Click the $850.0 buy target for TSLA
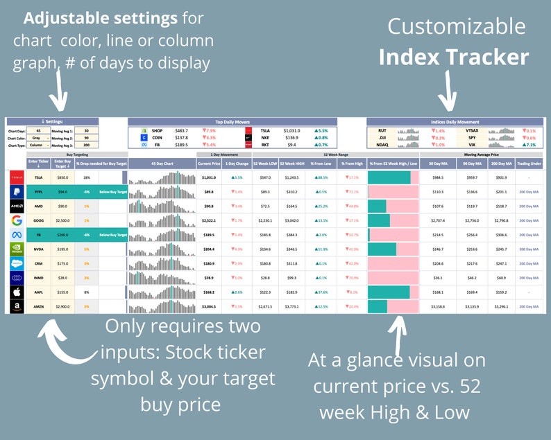[62, 178]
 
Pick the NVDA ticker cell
[38, 249]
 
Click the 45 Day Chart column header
[162, 164]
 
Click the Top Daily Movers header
[232, 122]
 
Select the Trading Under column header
[529, 164]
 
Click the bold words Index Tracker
[454, 57]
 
